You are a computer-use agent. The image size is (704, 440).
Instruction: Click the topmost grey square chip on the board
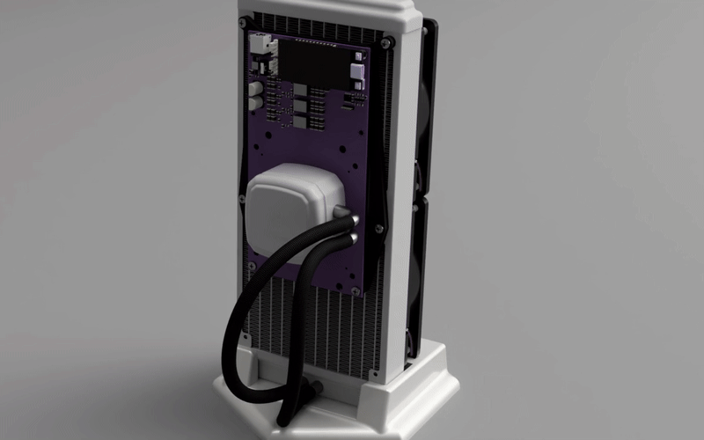click(x=299, y=89)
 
